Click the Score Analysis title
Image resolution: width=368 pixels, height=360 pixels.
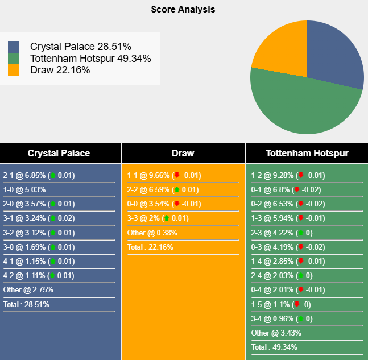183,10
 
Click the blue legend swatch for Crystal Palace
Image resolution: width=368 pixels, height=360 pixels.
14,47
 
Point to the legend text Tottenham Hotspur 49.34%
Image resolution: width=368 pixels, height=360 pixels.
90,58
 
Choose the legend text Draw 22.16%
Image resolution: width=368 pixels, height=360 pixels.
60,70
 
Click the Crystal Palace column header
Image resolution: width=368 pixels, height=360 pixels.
59,153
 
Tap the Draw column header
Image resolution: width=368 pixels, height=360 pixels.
183,153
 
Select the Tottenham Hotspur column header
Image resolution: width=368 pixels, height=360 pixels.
307,153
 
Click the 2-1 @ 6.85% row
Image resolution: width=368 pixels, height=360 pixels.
39,176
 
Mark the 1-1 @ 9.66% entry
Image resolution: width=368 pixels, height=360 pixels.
164,176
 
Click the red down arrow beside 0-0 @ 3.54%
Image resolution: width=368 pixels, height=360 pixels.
176,204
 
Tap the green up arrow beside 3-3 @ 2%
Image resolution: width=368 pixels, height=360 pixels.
166,218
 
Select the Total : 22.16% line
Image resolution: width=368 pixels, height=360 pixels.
150,247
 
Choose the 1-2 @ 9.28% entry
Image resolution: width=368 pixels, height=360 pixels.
288,176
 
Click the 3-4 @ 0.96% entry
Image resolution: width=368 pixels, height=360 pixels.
282,318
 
